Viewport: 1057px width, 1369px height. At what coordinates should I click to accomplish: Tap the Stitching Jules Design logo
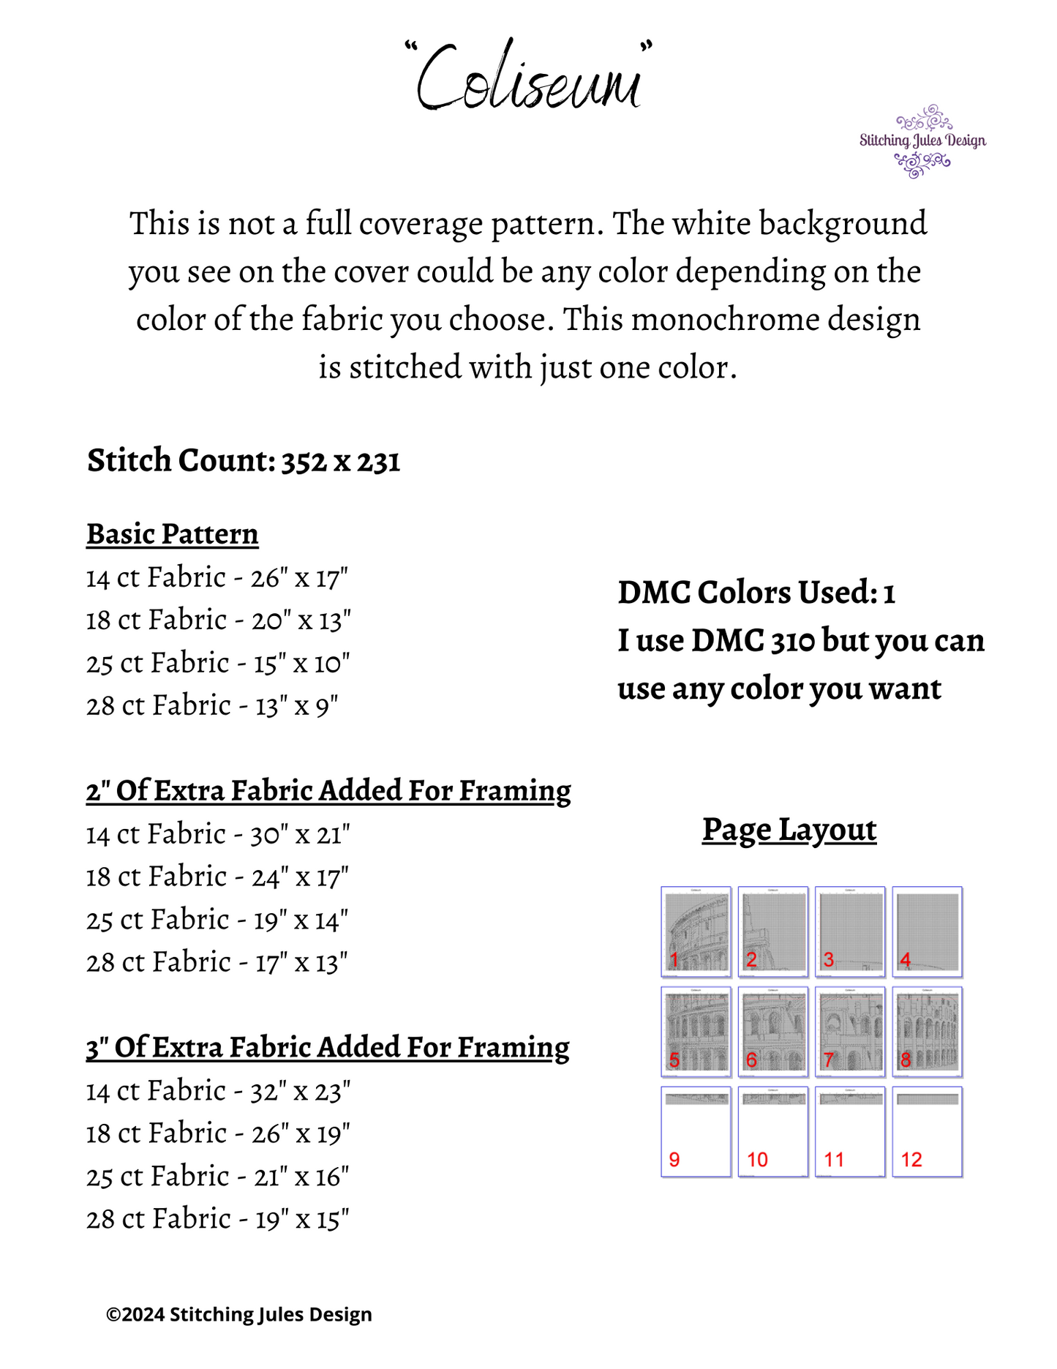click(922, 140)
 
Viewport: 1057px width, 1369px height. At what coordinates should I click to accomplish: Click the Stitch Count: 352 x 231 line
click(244, 461)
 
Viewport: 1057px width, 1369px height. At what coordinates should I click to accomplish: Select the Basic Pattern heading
click(173, 534)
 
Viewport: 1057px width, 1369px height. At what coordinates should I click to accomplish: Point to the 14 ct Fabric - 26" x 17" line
click(217, 578)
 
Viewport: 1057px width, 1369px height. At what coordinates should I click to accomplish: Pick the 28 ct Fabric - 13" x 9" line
click(212, 706)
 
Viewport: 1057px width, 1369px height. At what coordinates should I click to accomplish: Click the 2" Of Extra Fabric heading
click(328, 791)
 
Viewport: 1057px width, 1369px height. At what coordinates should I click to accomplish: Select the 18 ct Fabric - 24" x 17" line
click(217, 877)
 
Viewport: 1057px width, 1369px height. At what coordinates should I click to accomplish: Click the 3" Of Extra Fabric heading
click(328, 1048)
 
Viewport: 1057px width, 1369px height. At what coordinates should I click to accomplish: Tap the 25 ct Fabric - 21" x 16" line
click(217, 1177)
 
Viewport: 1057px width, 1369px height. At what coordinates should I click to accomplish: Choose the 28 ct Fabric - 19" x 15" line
click(217, 1220)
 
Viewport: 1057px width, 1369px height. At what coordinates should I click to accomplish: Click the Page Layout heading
click(789, 830)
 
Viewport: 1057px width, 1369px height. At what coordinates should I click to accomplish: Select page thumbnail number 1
click(696, 931)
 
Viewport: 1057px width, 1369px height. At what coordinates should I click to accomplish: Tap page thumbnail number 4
click(927, 931)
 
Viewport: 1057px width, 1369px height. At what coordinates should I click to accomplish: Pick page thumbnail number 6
click(772, 1032)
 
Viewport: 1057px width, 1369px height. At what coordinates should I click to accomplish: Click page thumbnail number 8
click(927, 1032)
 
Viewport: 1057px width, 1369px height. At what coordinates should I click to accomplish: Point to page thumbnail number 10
click(772, 1132)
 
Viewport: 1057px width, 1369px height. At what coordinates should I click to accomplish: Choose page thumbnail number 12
click(927, 1132)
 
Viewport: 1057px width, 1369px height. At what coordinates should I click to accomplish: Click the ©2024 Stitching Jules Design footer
click(239, 1315)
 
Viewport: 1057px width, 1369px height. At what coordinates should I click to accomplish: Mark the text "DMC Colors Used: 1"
click(756, 593)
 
